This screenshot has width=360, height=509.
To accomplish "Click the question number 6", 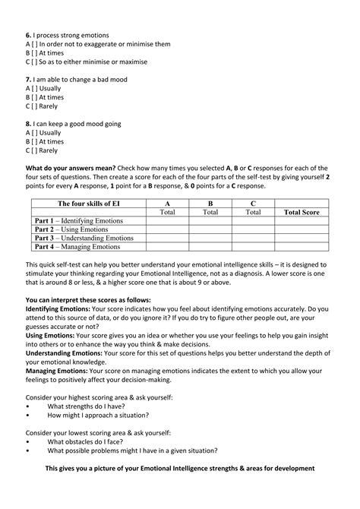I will (28, 35).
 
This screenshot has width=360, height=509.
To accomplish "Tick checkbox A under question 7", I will (36, 88).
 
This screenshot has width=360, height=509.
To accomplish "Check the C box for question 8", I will (36, 150).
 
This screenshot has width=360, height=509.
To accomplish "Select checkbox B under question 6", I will (36, 53).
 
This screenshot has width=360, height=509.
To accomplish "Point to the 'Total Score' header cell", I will (302, 213).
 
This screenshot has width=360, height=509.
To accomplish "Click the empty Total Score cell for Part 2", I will (302, 229).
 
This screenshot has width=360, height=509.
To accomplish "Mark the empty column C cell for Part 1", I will (252, 221).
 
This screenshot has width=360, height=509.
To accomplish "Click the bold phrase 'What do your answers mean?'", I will (71, 168).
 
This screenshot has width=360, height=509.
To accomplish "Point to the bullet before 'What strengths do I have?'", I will (28, 406).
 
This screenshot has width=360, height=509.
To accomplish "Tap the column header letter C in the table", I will (252, 204).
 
